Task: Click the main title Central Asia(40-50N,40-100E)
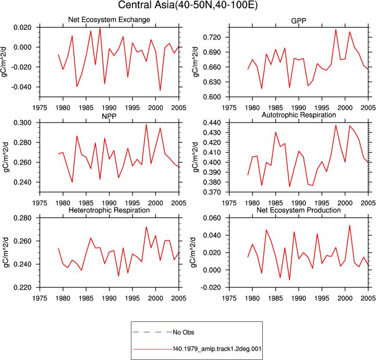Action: click(x=188, y=5)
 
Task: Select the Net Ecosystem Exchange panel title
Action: click(x=109, y=20)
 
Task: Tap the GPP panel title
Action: click(x=298, y=21)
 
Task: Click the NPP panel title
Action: click(x=109, y=116)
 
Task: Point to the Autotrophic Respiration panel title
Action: click(x=299, y=115)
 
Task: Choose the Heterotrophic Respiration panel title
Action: click(x=109, y=210)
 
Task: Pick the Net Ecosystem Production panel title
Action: click(x=299, y=210)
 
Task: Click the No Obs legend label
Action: click(x=184, y=332)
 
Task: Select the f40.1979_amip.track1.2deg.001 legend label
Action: click(x=217, y=349)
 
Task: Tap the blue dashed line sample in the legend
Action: click(x=152, y=332)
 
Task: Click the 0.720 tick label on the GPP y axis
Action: click(x=212, y=38)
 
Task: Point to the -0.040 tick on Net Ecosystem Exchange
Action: click(x=21, y=87)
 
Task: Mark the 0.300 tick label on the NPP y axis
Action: click(x=22, y=123)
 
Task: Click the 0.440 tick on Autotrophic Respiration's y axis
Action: click(x=212, y=123)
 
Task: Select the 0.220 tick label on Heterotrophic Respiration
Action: click(x=22, y=287)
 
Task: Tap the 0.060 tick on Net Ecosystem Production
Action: click(x=212, y=218)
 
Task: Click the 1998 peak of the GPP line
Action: click(x=336, y=30)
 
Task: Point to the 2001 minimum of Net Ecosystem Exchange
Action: click(x=160, y=90)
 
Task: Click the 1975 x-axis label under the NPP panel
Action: click(x=40, y=203)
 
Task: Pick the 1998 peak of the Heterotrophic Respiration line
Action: click(x=146, y=226)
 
